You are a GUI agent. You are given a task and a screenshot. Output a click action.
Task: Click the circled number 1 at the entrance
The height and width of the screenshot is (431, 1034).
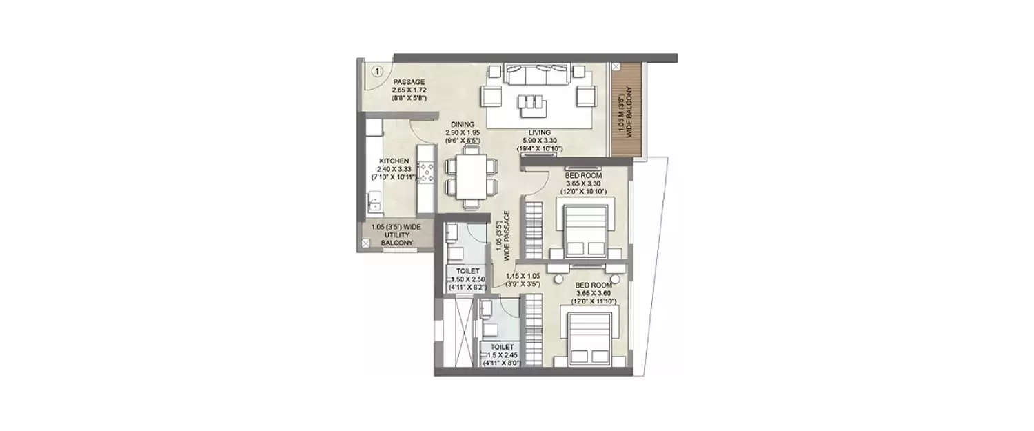[377, 70]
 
